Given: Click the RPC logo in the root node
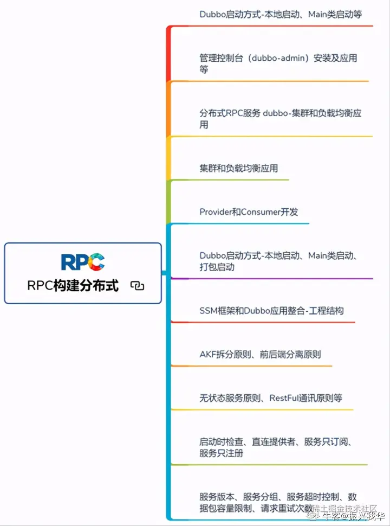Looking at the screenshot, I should [83, 262].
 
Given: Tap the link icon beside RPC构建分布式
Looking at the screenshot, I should [138, 286].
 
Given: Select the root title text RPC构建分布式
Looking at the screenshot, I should [73, 286].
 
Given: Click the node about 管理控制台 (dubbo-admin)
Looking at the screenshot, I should [278, 63].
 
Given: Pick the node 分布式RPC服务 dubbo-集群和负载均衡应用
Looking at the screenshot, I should [280, 119].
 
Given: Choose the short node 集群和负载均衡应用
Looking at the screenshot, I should [238, 168].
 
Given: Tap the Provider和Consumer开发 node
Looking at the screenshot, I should [249, 212].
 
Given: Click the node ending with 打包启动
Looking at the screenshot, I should [278, 261].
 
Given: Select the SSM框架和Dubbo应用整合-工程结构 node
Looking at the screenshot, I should [271, 311].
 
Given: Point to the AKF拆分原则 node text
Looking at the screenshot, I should [260, 354].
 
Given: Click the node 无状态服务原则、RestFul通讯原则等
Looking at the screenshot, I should [271, 398].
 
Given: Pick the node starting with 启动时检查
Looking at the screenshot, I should [276, 447].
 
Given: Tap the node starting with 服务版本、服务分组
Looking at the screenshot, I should [278, 502].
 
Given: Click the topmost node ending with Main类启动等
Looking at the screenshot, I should [281, 15].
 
